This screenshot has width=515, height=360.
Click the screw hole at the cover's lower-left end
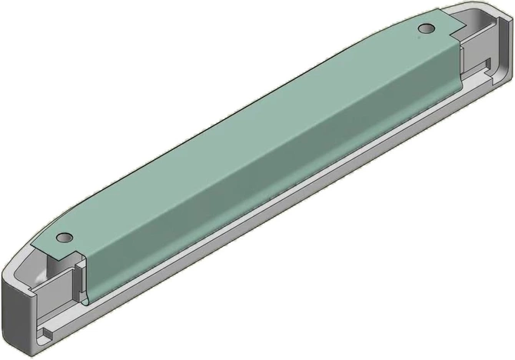point(65,237)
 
